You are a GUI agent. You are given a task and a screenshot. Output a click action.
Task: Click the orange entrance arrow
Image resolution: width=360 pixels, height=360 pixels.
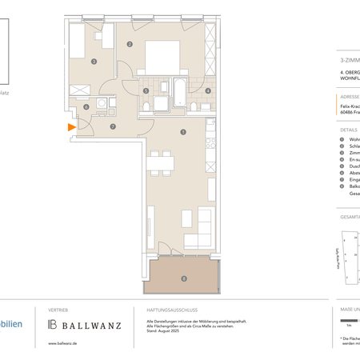pos(71,126)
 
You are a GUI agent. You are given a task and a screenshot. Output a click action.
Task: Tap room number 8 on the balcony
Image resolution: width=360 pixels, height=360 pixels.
pos(184,278)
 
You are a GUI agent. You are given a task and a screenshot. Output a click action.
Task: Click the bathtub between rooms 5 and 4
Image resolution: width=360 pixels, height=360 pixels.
pos(178,90)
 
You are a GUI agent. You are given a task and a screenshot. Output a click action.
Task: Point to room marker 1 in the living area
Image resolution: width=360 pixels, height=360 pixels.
pos(183,132)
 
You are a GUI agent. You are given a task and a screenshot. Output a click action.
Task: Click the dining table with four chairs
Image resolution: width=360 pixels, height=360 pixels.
pos(161,163)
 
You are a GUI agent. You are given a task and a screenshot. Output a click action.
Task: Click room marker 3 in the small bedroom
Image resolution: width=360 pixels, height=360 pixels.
pos(94,62)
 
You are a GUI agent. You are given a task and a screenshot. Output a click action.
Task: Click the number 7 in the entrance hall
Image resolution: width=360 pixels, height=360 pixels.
pos(112,126)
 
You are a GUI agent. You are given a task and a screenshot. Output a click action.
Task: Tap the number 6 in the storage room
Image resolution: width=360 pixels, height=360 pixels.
pos(86,107)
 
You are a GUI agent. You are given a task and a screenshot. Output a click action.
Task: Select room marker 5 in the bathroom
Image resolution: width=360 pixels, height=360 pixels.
pos(146,91)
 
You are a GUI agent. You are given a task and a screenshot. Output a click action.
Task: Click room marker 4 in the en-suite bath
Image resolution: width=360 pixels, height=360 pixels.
pos(208,91)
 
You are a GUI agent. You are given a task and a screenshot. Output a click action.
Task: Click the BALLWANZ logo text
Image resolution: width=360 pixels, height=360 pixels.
pos(89,324)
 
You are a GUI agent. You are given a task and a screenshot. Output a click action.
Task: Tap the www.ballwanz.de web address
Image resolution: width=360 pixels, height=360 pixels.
pos(63,344)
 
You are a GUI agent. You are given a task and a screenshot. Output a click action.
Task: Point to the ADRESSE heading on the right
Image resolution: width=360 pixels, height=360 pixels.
pos(349,97)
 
